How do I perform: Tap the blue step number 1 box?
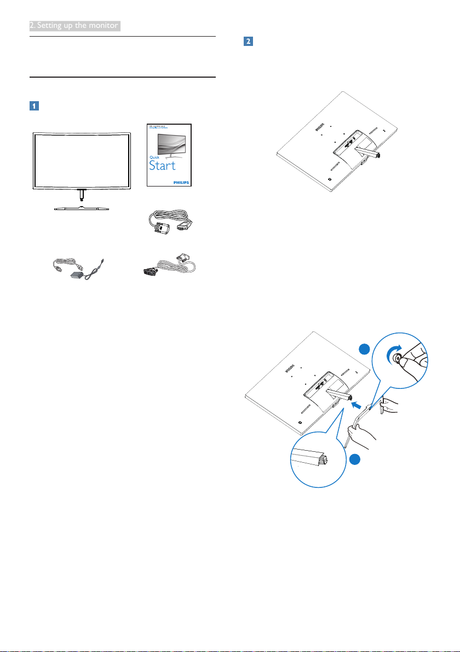point(34,106)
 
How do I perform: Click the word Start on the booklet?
point(163,165)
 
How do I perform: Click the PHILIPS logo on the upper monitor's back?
point(319,129)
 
